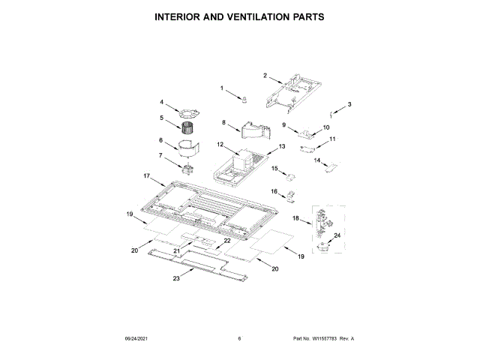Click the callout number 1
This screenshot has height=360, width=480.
pyautogui.click(x=222, y=88)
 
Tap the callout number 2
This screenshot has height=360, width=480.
pyautogui.click(x=265, y=75)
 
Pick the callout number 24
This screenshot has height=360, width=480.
pyautogui.click(x=337, y=236)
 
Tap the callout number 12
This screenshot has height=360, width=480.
pyautogui.click(x=220, y=144)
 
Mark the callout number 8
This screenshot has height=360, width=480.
pyautogui.click(x=223, y=122)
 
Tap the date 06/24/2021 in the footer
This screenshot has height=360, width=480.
pyautogui.click(x=136, y=339)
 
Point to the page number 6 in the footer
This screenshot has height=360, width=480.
pyautogui.click(x=239, y=339)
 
